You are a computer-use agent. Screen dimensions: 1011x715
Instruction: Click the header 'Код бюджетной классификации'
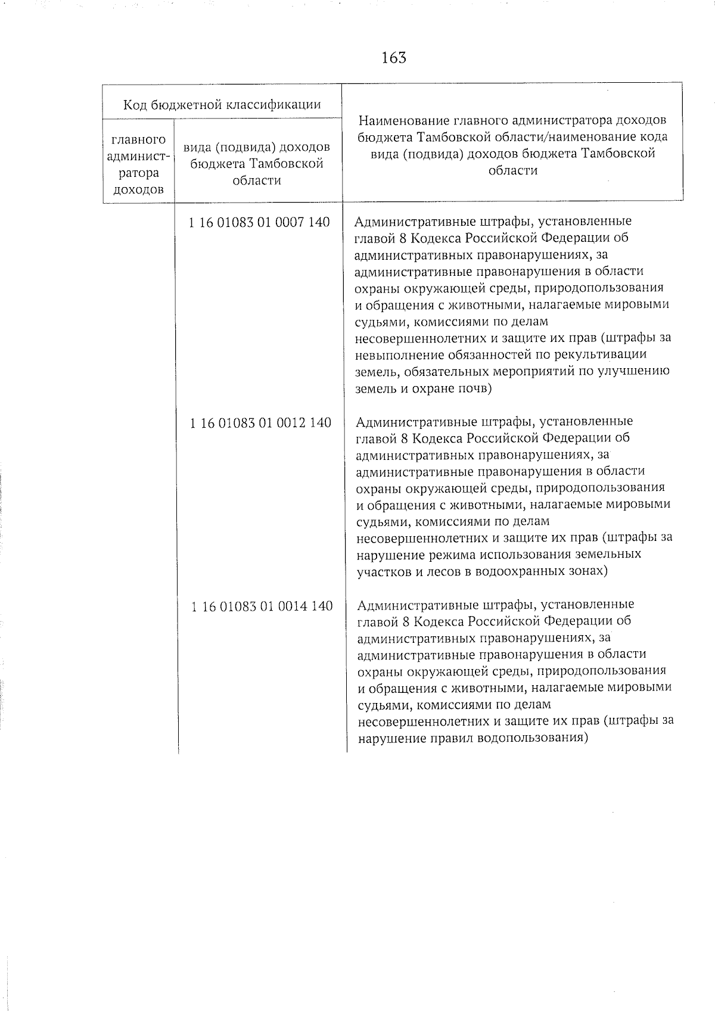tap(222, 105)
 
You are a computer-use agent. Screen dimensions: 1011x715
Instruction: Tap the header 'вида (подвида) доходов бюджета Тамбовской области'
tap(257, 163)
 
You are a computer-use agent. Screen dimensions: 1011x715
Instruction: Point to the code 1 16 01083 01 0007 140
tap(259, 222)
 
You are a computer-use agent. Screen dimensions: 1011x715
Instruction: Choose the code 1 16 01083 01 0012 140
tap(260, 423)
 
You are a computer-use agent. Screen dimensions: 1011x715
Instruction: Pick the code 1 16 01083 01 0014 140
tap(262, 606)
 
